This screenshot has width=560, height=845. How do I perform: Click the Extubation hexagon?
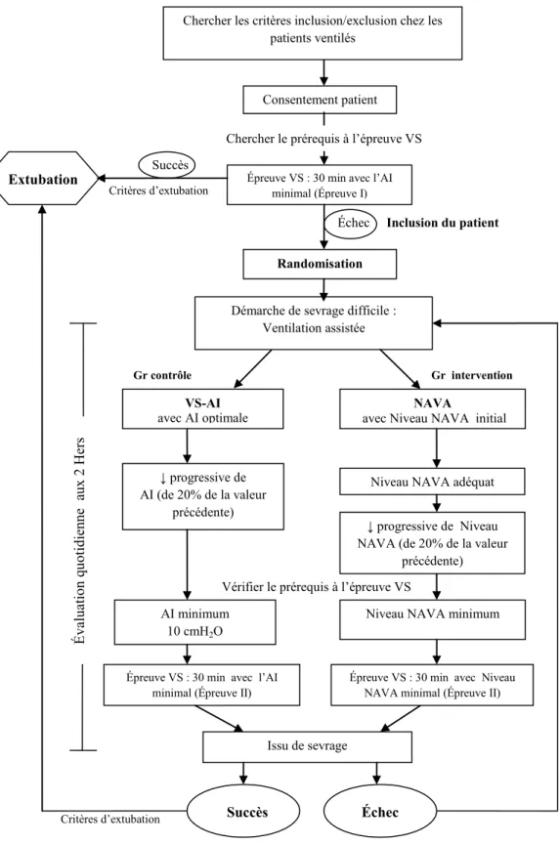tap(44, 179)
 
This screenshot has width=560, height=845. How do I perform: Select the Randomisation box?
tap(320, 264)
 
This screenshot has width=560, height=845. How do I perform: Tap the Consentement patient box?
tap(320, 100)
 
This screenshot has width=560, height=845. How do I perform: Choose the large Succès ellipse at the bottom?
tap(243, 812)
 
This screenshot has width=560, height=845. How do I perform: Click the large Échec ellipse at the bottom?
tap(380, 812)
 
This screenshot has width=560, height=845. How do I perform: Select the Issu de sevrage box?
tap(307, 745)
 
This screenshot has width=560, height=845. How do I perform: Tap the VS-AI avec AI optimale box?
tap(202, 409)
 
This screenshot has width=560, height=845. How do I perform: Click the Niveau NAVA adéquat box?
tap(432, 482)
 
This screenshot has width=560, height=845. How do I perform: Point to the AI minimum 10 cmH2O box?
tap(195, 622)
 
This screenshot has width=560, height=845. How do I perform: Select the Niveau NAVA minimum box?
tap(432, 619)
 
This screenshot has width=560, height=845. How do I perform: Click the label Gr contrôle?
tap(162, 375)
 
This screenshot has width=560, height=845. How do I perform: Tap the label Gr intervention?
tap(472, 375)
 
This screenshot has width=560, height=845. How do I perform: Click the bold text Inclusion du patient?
tap(443, 223)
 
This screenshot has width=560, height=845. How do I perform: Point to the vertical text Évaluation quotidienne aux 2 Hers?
tap(79, 540)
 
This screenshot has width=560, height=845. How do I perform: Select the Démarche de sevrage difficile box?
tap(313, 322)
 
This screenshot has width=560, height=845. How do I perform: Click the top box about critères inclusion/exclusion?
tap(313, 32)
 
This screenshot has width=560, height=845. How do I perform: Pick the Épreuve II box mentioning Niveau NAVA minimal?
tap(432, 685)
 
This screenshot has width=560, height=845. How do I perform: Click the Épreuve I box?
tap(320, 185)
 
